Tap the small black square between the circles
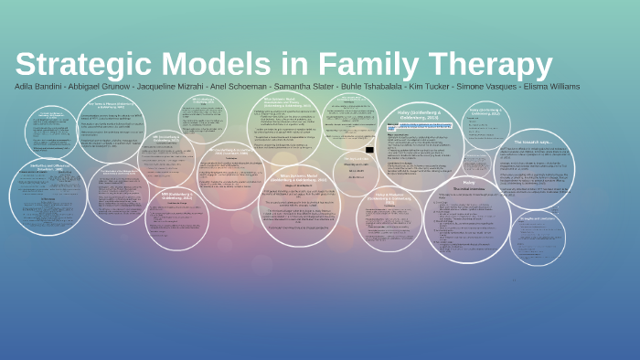point(369,149)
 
